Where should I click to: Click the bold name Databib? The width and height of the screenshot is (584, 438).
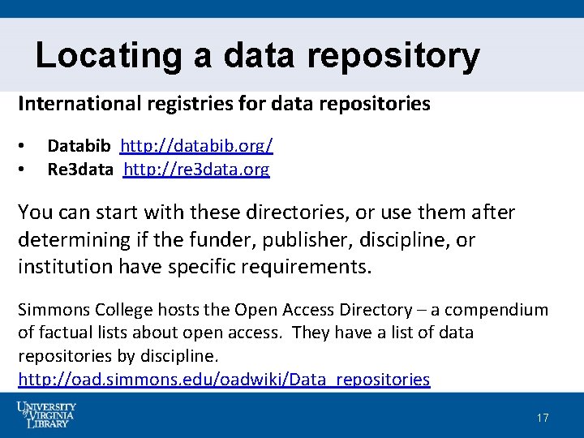[x=79, y=146]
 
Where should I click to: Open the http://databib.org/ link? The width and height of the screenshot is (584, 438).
[x=196, y=146]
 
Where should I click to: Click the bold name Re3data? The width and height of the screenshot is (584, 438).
[x=80, y=170]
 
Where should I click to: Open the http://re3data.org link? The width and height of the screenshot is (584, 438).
[x=196, y=170]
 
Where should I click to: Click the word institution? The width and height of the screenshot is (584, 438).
[x=66, y=267]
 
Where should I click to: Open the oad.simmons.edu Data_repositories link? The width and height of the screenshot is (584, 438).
[x=224, y=380]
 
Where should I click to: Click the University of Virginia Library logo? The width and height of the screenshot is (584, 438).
[x=46, y=414]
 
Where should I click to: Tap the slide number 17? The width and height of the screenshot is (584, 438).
[x=543, y=418]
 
